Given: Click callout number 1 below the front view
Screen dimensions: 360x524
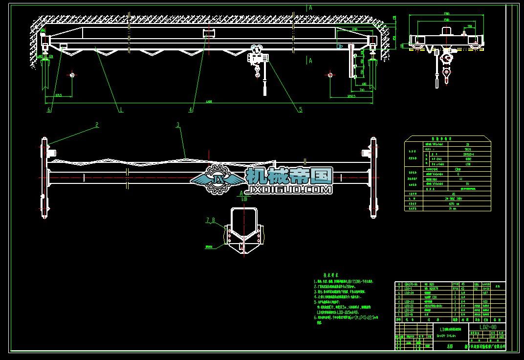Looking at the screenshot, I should tap(121, 111).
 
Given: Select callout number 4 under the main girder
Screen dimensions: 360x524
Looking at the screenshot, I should tap(191, 111).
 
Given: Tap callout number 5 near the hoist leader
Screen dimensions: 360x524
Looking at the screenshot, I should tap(301, 110).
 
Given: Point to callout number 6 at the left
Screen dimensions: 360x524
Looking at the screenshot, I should tap(49, 111).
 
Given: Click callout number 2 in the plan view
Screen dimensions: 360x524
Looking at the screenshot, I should tap(97, 125).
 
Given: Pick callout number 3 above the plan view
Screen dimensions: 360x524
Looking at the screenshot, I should tap(178, 125).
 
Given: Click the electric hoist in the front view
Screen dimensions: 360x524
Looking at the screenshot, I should tap(257, 58).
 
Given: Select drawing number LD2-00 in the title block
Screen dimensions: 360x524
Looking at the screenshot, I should tap(487, 327).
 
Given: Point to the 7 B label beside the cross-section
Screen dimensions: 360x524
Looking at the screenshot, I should tap(210, 221).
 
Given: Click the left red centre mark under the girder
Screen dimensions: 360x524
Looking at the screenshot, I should tap(72, 75).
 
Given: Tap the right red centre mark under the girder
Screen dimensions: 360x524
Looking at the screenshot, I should tap(331, 75).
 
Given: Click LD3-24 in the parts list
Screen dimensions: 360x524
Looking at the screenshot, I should tap(409, 293).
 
